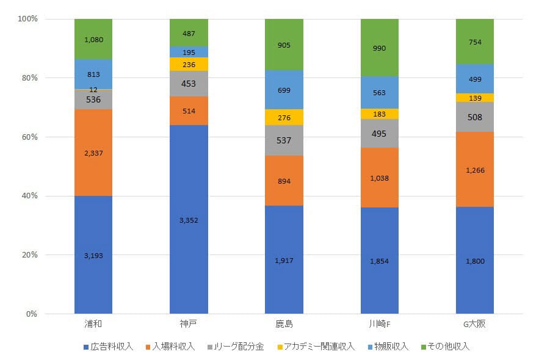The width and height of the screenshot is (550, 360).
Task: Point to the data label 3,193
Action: coord(93,256)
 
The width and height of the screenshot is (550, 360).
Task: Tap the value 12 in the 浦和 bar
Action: coord(93,90)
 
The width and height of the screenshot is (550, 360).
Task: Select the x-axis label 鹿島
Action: coord(284,323)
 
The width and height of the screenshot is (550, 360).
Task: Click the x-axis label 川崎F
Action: coord(379,323)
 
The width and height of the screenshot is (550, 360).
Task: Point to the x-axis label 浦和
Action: coord(93,323)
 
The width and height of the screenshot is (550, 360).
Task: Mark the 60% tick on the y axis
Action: coord(28,137)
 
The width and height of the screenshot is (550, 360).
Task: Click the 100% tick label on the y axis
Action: coord(27,20)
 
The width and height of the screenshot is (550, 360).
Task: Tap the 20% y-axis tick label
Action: coord(28,255)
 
